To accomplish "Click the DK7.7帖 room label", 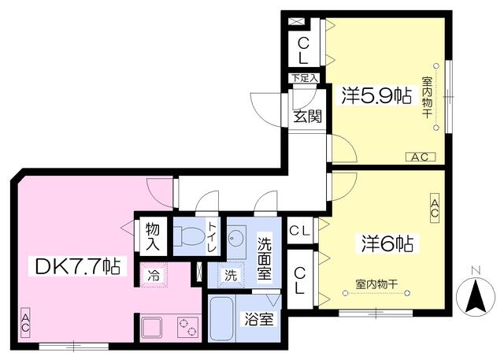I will coord(77,265).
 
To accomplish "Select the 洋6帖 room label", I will coord(386,243).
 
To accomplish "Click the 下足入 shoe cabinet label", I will coord(303,78).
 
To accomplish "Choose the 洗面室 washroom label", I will coord(265,257).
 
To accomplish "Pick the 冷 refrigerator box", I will coord(154,276).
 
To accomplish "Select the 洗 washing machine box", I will coord(230,276).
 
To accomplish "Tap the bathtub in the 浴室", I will coord(222,318).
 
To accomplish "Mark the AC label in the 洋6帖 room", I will coord(435,208).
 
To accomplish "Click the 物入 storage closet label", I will coord(153,236).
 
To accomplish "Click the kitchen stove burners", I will coord(186,325).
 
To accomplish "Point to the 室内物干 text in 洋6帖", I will coord(376,284).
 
